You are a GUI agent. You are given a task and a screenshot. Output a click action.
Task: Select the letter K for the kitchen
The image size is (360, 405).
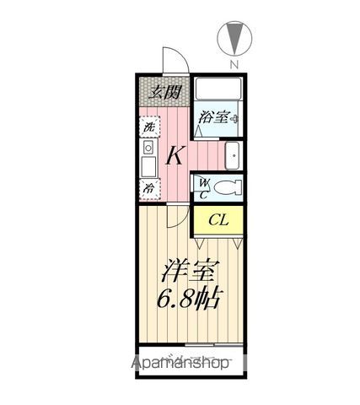(x=175, y=155)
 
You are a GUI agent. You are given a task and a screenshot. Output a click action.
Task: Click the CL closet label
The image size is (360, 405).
(x=218, y=221)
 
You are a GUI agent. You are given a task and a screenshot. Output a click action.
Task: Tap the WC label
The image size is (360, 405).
(x=203, y=186)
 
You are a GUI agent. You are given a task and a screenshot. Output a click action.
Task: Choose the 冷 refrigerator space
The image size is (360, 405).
(x=148, y=187)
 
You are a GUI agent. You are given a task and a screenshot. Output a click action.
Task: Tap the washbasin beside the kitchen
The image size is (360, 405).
(x=233, y=155)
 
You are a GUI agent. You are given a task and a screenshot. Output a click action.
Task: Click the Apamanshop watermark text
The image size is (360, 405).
(x=180, y=364)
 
